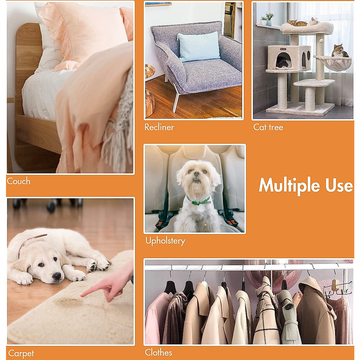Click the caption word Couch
point(19,181)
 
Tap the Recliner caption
point(159,127)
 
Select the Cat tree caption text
point(268,127)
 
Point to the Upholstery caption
point(165,241)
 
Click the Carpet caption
point(21,353)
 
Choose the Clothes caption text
point(158,352)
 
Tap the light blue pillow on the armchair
point(199,46)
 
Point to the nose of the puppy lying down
point(56,276)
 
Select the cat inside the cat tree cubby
point(283,63)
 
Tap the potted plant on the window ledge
point(269,19)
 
